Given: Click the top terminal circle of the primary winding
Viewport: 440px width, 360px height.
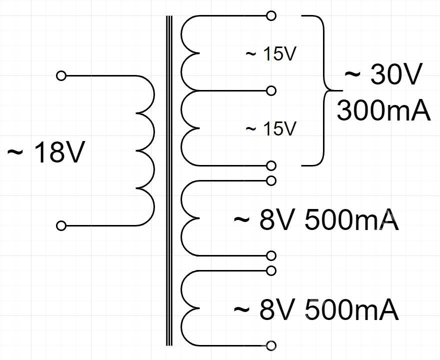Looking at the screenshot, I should coord(61,76).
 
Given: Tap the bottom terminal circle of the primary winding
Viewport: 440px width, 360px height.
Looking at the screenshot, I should coord(61,226).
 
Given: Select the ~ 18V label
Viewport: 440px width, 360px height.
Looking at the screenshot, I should coord(44,153).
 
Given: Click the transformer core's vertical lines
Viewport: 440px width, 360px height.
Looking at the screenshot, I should coord(169,180).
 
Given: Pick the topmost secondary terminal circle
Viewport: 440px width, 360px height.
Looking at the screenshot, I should coord(271,15).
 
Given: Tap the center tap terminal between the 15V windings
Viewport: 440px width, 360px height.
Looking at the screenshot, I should coord(271,90).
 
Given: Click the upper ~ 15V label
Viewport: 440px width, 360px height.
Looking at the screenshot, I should coord(271,54).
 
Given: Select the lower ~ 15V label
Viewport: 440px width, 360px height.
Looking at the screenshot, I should coord(271,128).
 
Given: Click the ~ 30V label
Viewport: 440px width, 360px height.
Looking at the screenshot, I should coord(383,76).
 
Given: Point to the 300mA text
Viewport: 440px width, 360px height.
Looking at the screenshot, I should coord(383,110).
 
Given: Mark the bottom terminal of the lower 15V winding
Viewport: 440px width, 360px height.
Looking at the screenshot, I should coord(271,165).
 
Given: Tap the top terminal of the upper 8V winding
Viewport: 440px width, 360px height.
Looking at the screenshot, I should coord(271,180).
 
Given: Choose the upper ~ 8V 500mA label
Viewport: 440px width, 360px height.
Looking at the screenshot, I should coord(316,220).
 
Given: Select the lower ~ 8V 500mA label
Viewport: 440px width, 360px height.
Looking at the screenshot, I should coord(316,310).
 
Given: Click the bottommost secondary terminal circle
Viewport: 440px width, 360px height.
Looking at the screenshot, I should coord(271,345).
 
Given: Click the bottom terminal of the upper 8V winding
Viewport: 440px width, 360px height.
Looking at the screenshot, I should coord(271,256).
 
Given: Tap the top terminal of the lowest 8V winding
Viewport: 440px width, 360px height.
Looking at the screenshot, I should coord(271,270).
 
